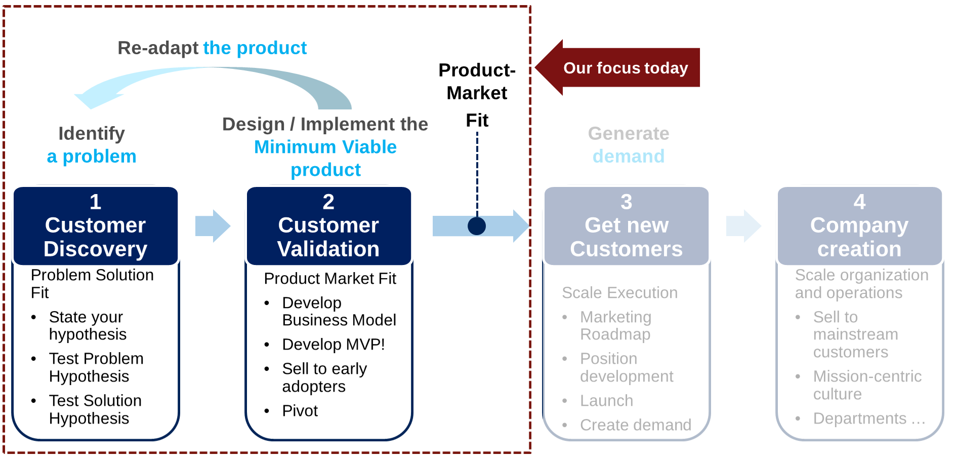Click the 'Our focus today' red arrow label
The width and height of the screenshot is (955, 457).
click(626, 68)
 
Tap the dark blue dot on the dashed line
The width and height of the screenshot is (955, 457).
click(477, 226)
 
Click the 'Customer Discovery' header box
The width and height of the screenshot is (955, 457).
click(96, 226)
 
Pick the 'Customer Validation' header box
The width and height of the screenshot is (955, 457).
click(328, 226)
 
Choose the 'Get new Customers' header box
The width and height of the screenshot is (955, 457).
click(627, 226)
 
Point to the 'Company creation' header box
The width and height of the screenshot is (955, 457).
click(859, 226)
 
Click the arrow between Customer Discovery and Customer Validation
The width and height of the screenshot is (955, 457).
click(213, 226)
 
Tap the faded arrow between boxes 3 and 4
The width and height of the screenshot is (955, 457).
click(743, 226)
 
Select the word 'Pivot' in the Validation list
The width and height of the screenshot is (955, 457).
click(300, 410)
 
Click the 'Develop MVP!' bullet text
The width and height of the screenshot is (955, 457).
click(334, 345)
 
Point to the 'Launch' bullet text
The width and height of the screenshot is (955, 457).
click(606, 401)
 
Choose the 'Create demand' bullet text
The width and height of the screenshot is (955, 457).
click(636, 425)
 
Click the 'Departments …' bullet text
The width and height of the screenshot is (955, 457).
click(869, 418)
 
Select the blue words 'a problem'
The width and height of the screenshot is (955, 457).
click(92, 157)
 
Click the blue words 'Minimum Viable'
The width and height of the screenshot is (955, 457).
click(325, 147)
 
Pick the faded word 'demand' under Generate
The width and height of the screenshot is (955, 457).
click(629, 157)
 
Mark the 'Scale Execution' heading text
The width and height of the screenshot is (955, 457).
click(619, 293)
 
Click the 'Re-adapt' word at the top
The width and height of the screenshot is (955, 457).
click(158, 48)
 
